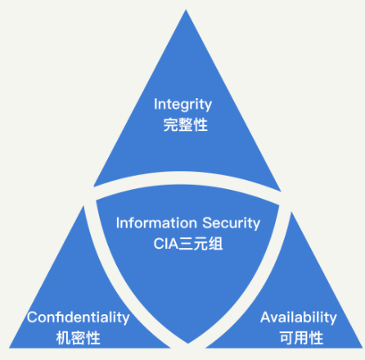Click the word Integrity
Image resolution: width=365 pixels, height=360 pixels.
click(182, 105)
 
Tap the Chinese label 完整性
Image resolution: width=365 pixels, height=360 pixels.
click(186, 125)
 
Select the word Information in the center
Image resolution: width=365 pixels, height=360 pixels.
click(156, 223)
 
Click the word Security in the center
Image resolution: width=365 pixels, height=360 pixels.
click(232, 223)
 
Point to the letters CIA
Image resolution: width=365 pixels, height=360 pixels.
click(166, 244)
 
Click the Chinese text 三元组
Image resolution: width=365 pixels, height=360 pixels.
click(201, 244)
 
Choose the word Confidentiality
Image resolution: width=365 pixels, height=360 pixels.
click(79, 317)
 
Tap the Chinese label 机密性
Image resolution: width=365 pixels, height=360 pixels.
click(79, 338)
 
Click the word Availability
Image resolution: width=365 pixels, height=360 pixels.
click(299, 317)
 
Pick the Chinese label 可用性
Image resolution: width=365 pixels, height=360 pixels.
click(301, 338)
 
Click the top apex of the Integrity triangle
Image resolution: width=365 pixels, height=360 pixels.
click(186, 10)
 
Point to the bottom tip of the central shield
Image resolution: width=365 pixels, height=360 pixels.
click(188, 344)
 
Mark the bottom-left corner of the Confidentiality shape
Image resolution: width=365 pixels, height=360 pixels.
click(9, 348)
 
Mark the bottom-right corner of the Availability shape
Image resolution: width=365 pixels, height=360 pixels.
click(363, 348)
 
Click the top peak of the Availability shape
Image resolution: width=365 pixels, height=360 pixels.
click(291, 212)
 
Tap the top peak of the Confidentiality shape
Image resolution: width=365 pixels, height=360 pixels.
click(83, 206)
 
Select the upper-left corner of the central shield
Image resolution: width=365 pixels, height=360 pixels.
click(97, 201)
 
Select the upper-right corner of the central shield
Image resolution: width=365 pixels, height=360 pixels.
click(279, 205)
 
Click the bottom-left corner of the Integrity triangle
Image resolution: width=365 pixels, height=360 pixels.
click(94, 187)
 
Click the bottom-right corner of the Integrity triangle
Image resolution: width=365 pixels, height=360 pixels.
click(281, 191)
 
